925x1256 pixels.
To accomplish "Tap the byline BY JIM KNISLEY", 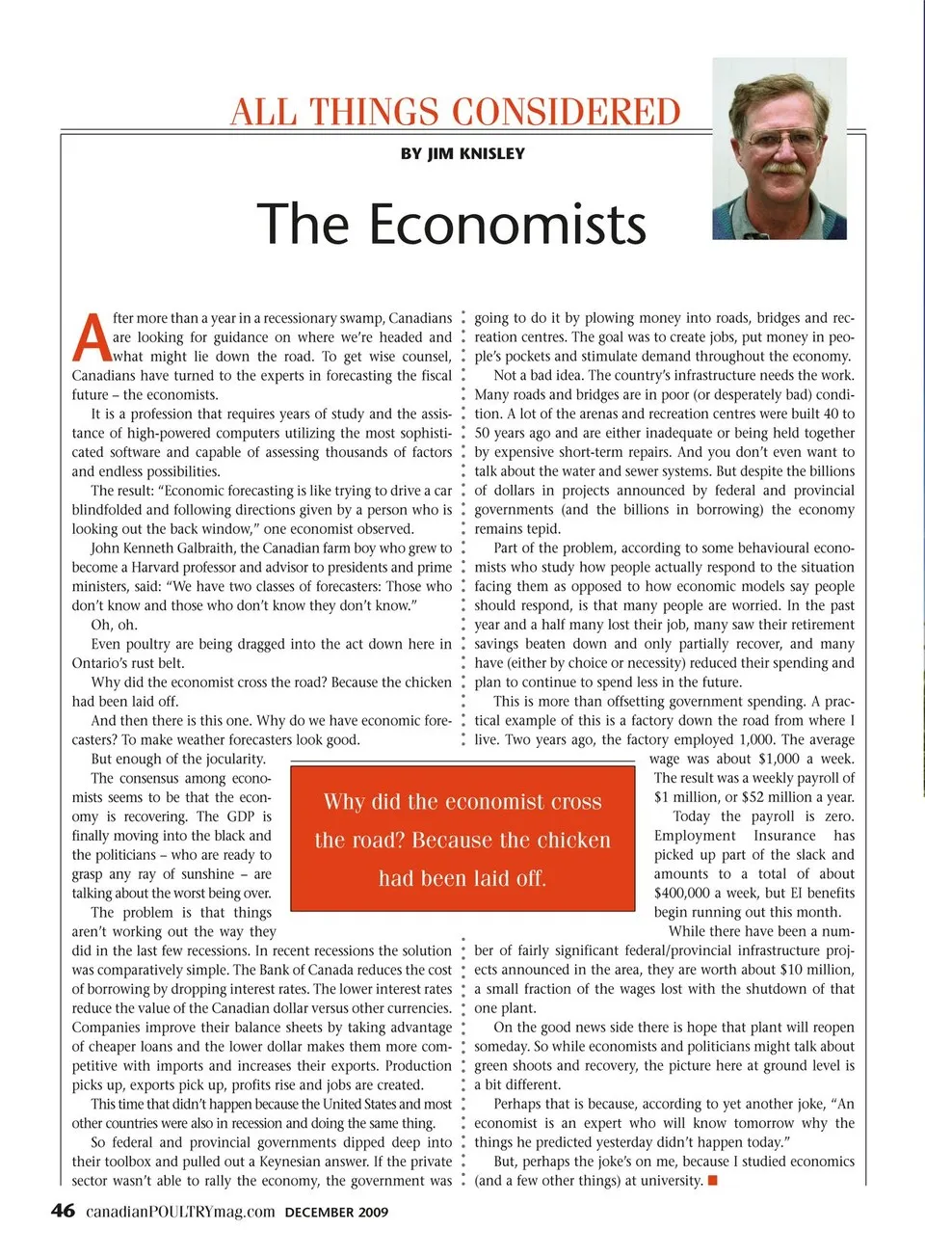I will (x=462, y=153).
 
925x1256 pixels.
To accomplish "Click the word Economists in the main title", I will (x=508, y=225).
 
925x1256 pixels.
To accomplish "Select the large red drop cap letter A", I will (x=91, y=337).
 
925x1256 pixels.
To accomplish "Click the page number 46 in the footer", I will (x=63, y=1211).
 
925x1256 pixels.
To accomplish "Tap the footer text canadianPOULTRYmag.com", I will (x=180, y=1212).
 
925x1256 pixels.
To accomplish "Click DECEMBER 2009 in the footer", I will (x=336, y=1213).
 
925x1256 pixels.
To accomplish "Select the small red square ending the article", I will (x=712, y=1181).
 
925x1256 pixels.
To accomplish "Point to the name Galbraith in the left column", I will (x=204, y=548).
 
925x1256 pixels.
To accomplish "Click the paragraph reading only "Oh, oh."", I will (x=114, y=625).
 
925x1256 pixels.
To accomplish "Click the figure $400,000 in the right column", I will (x=681, y=893).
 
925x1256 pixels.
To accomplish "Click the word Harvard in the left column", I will (x=154, y=567).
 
